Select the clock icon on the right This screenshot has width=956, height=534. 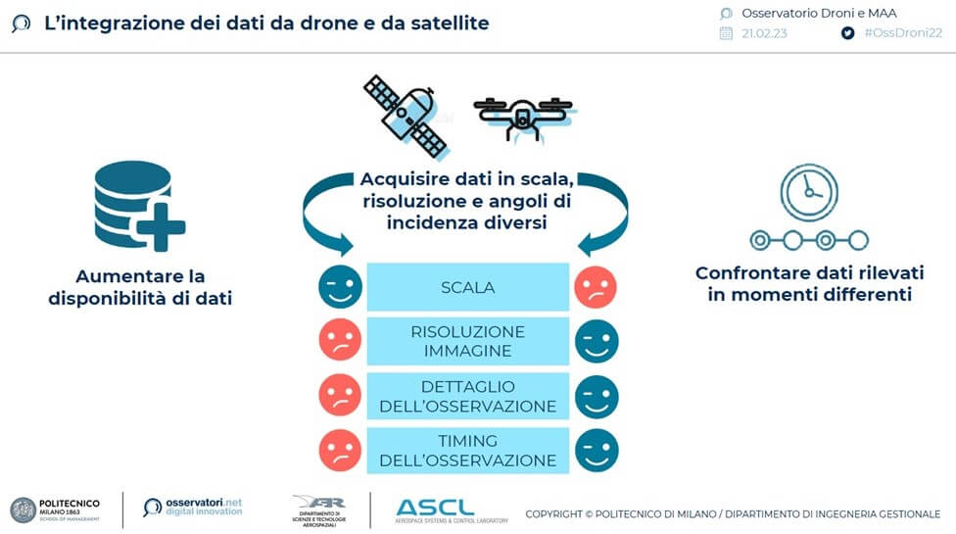pos(808,192)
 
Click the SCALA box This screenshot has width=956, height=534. pos(468,288)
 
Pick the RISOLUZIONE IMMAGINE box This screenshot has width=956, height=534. pos(468,342)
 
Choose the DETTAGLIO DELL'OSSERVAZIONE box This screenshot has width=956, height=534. pos(468,396)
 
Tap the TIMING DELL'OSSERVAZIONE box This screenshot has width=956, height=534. pos(468,450)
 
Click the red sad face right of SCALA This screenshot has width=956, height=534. pos(597,287)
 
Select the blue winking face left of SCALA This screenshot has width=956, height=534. pos(340,287)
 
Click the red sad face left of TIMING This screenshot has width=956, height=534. pos(340,449)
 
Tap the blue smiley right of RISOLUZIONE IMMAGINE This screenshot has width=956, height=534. pos(597,341)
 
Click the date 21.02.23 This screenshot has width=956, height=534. pos(765,32)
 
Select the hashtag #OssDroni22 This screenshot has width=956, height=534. pos(902,32)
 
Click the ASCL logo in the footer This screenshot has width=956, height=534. pos(435,508)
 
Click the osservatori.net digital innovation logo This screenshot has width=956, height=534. pos(193,507)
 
